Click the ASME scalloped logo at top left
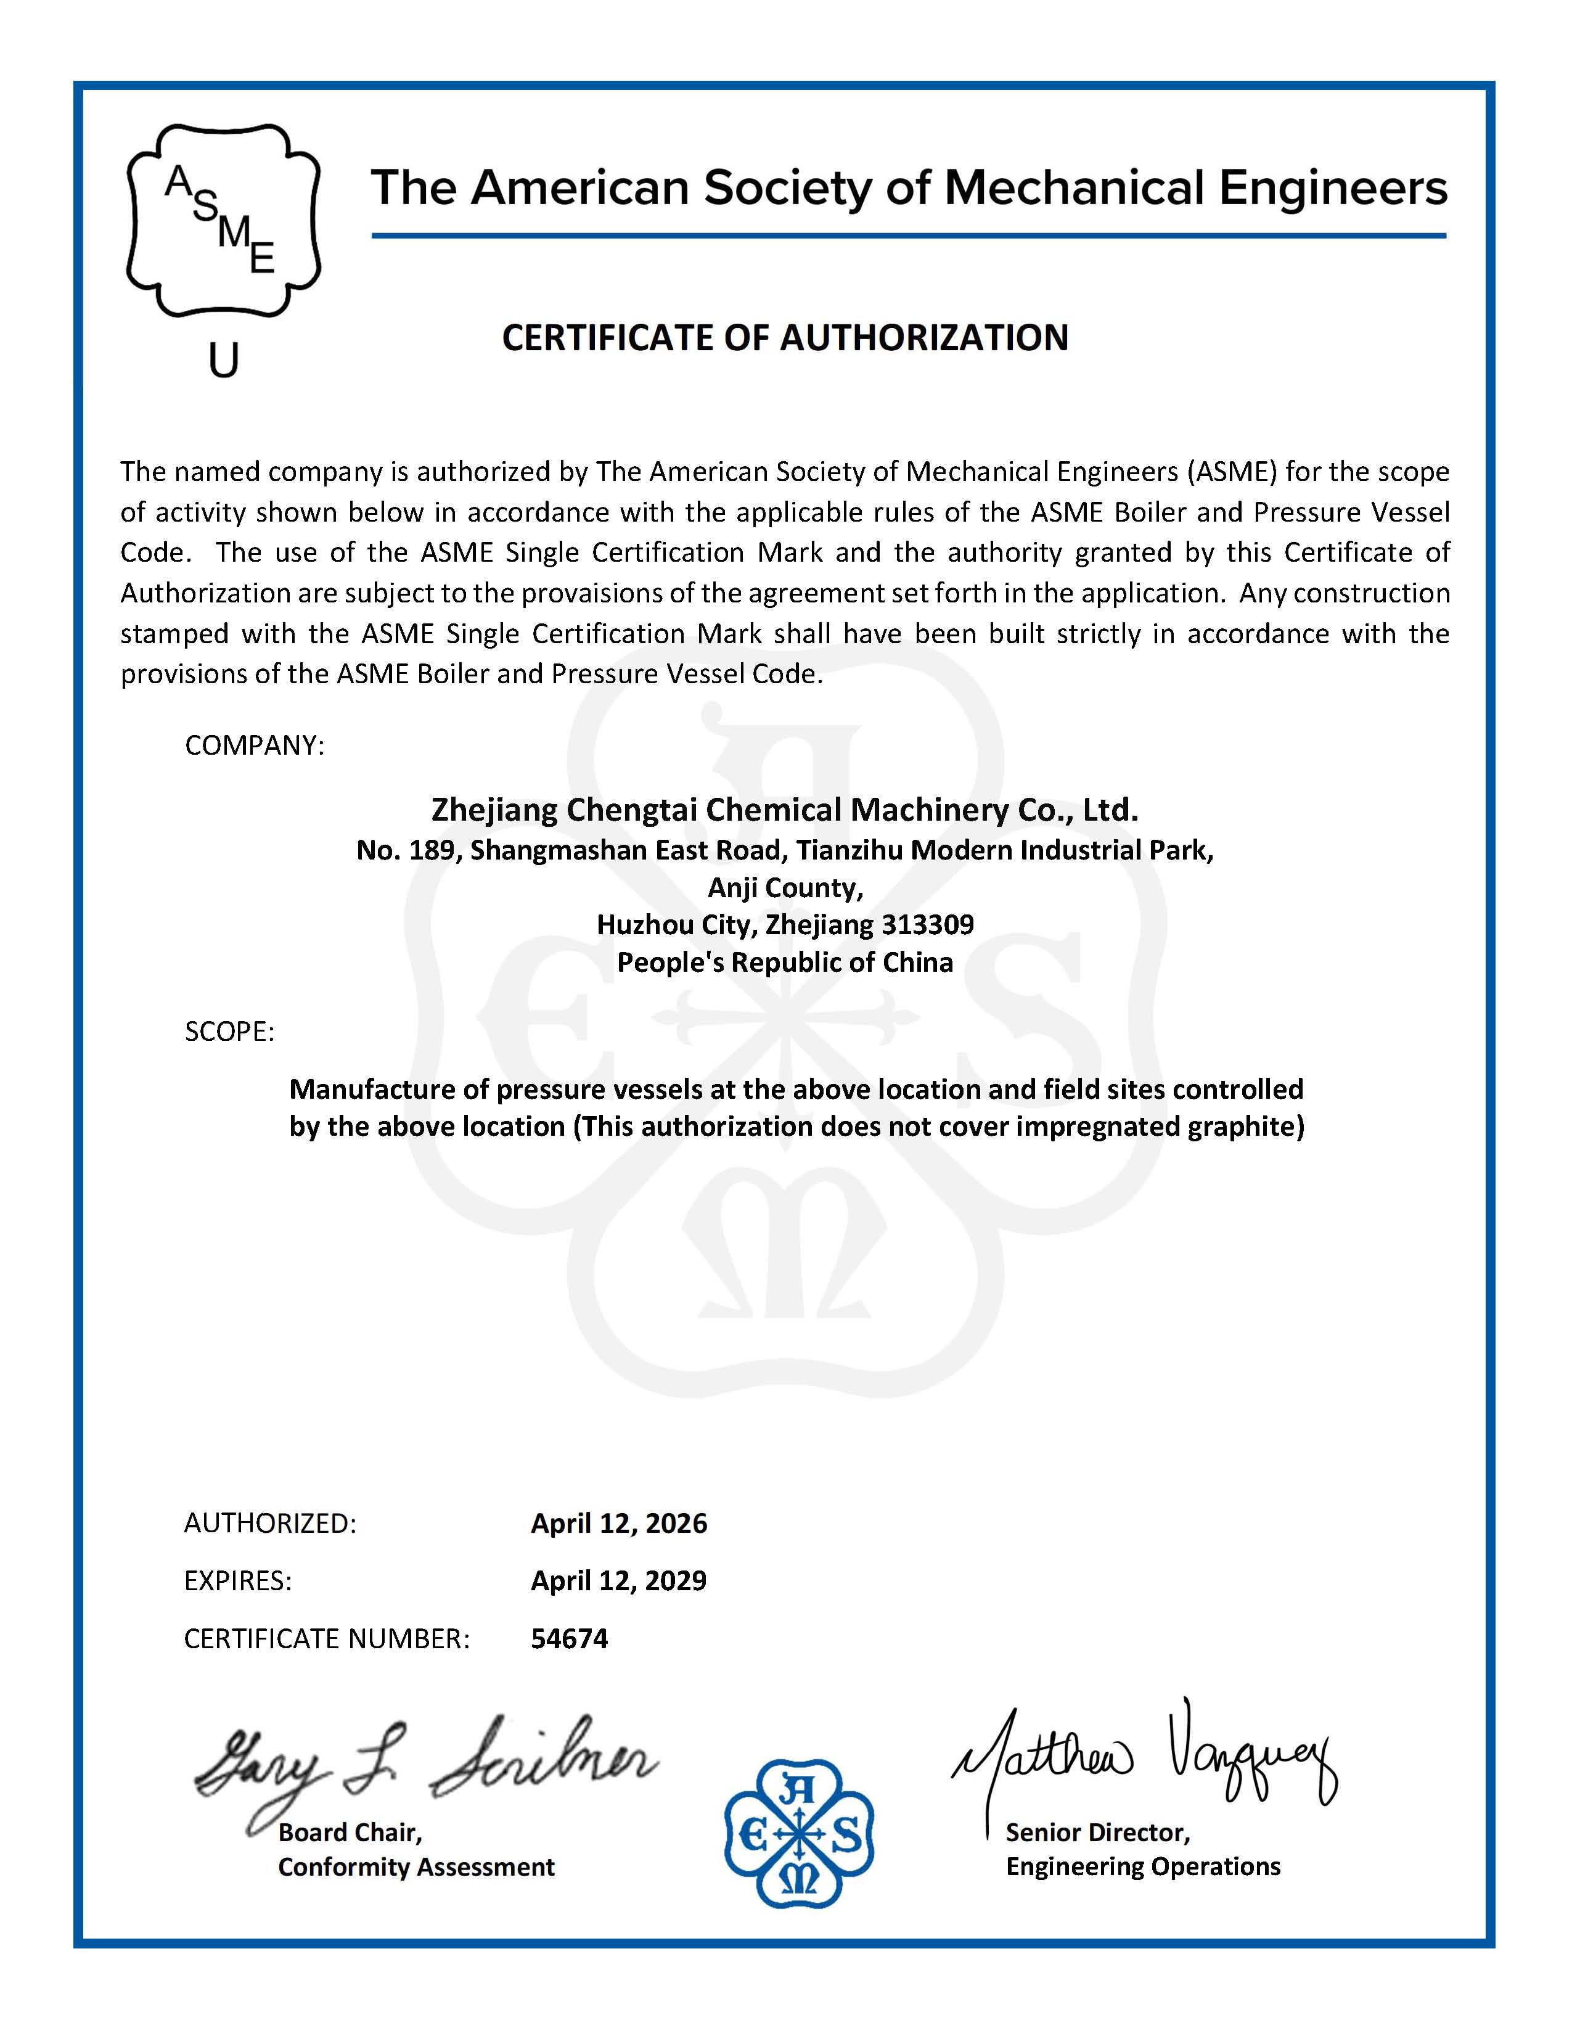(223, 221)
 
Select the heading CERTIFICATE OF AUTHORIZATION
(785, 337)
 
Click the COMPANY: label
(255, 745)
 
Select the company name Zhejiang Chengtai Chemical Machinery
(785, 810)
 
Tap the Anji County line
(785, 888)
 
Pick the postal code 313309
(928, 925)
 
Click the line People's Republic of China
(785, 962)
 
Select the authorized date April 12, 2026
(618, 1523)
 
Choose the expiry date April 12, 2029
(618, 1580)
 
